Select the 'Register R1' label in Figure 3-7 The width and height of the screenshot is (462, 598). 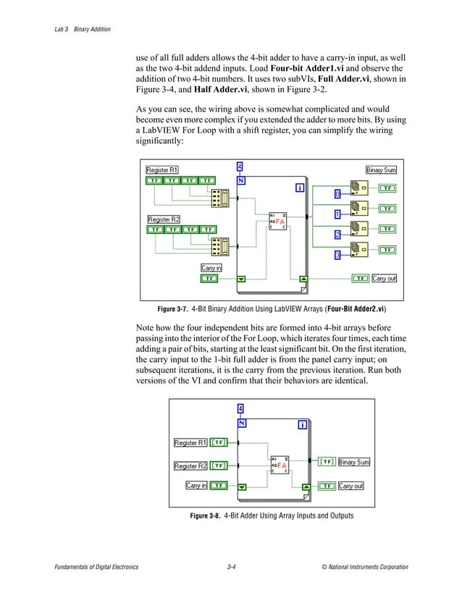(164, 169)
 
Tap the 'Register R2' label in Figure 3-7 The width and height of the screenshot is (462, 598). (164, 219)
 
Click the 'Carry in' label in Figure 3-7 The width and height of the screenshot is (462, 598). (211, 268)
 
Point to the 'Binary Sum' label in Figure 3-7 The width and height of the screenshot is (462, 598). (381, 169)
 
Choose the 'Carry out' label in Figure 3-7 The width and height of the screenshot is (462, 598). (384, 278)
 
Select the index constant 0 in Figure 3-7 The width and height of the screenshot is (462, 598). (337, 194)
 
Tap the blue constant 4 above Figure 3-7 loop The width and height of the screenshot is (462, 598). (240, 166)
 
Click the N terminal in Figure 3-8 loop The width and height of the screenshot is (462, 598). (241, 424)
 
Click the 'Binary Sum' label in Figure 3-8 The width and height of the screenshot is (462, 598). (354, 462)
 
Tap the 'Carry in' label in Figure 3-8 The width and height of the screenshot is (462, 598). (196, 486)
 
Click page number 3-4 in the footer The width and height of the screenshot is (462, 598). (231, 567)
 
